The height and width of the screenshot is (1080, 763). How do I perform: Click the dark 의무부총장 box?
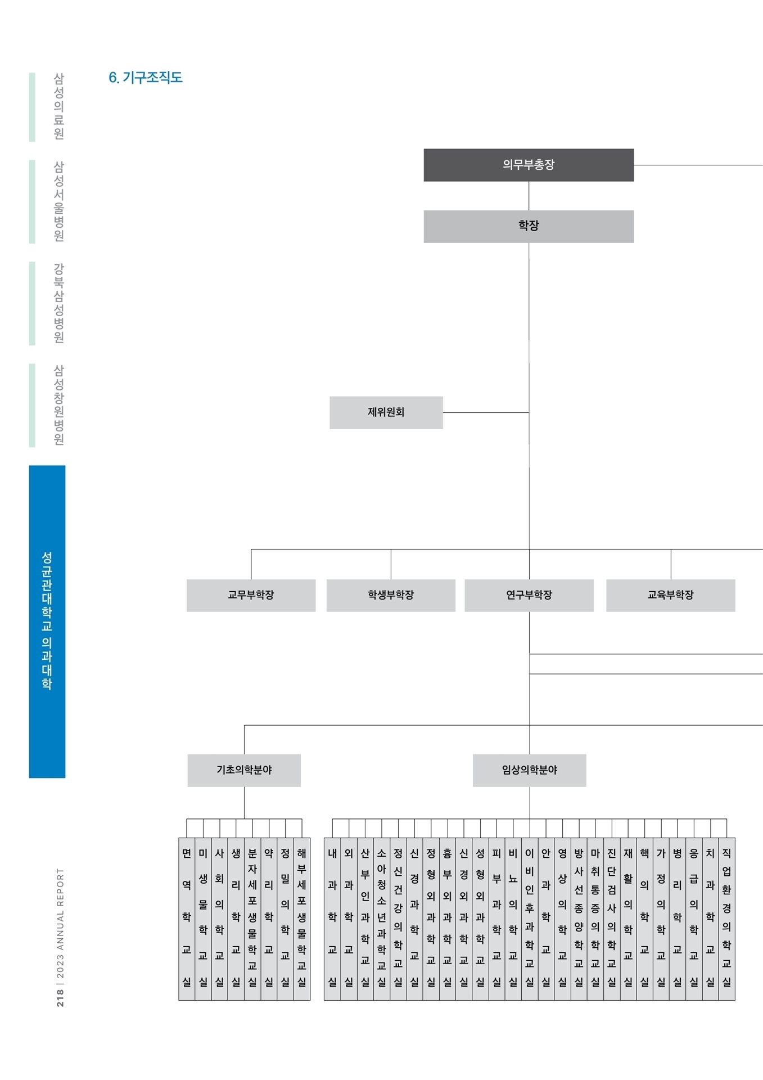[529, 165]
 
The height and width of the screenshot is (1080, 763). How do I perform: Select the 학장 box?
[529, 226]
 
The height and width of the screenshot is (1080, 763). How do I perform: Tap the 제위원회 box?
[386, 412]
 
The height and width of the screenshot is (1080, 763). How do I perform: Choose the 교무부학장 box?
[251, 595]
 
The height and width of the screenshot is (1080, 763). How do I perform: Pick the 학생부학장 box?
[391, 595]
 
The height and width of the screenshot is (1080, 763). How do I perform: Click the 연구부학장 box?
[529, 595]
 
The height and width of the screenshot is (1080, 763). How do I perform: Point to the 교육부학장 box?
[671, 595]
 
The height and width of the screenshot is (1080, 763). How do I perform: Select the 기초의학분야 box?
[244, 770]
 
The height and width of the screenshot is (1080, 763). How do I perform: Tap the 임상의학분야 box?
[530, 770]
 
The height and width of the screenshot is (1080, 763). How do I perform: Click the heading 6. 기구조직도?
[146, 78]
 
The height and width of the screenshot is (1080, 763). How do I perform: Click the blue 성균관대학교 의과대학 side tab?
[47, 622]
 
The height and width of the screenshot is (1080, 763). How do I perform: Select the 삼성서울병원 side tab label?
[58, 201]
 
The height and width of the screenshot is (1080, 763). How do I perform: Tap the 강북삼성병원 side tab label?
[58, 303]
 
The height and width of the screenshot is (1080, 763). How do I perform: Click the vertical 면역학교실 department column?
[187, 919]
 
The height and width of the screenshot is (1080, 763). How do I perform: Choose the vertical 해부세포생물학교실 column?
[302, 919]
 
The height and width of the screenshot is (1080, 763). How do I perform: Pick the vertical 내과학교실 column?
[332, 919]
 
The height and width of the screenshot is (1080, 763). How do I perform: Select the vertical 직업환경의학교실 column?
[726, 919]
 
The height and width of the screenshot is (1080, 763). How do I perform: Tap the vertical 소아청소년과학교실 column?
[382, 919]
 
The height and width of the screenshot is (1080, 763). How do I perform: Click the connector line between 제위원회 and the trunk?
[486, 412]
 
